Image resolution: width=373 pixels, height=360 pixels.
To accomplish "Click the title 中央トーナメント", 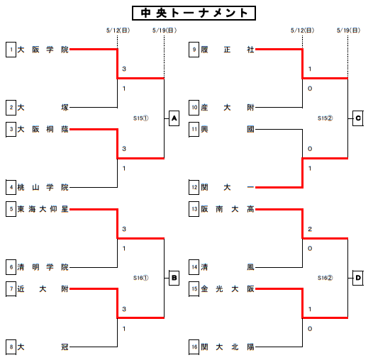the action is [x=194, y=13].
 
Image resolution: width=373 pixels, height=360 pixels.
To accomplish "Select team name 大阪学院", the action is [x=43, y=50].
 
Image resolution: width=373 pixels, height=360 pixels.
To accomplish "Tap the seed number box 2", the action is [x=11, y=108].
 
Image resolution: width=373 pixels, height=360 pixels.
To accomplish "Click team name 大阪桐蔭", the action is [x=43, y=130].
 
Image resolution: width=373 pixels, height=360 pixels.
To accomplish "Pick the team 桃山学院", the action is [x=43, y=187].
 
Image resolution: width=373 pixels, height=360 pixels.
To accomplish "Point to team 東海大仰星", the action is [x=43, y=209].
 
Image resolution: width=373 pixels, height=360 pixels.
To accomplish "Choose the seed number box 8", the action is [x=11, y=347].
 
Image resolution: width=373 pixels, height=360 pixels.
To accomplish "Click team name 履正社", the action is [x=228, y=50].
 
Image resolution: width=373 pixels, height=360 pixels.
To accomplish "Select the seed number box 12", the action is [x=194, y=187].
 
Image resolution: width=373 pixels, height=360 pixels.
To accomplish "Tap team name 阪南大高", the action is [x=228, y=209].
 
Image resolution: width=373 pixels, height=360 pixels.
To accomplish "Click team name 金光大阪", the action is [x=228, y=289].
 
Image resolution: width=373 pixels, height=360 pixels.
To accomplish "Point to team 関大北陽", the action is [x=228, y=347].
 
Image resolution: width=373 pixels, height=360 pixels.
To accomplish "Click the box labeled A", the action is [x=174, y=118].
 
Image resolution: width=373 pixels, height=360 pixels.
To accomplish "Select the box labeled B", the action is [x=174, y=278].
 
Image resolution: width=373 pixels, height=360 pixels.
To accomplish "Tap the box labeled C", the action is [x=358, y=118].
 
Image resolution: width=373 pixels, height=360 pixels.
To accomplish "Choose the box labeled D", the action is [x=358, y=278].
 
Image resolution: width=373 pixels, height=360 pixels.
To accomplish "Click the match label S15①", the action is [x=141, y=118].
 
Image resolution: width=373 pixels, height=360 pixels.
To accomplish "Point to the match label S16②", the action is [x=325, y=278].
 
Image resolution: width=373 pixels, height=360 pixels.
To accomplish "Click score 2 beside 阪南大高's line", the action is [x=310, y=229].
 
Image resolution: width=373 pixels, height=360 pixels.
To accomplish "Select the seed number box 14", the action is [x=194, y=267].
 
